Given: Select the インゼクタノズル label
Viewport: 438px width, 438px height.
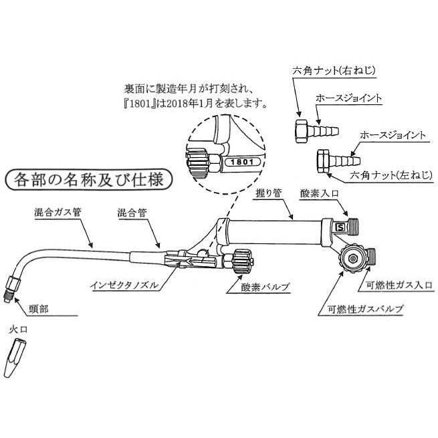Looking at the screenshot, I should click(125, 284).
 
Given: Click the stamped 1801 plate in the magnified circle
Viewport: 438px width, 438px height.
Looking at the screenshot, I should click(240, 162).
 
